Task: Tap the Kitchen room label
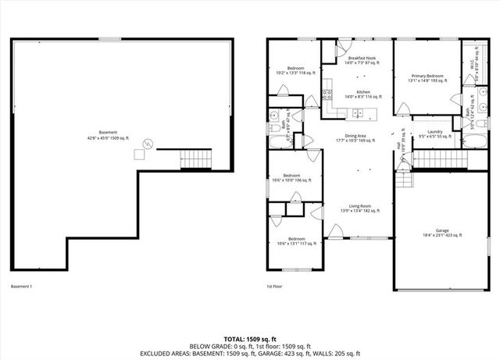(x=362, y=94)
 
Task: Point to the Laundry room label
(x=435, y=134)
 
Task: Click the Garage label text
(x=442, y=233)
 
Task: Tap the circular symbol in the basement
(x=148, y=141)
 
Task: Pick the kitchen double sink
(x=357, y=113)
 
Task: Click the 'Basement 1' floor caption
(x=21, y=287)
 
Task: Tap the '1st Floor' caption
(x=273, y=287)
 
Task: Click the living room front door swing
(x=337, y=230)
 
